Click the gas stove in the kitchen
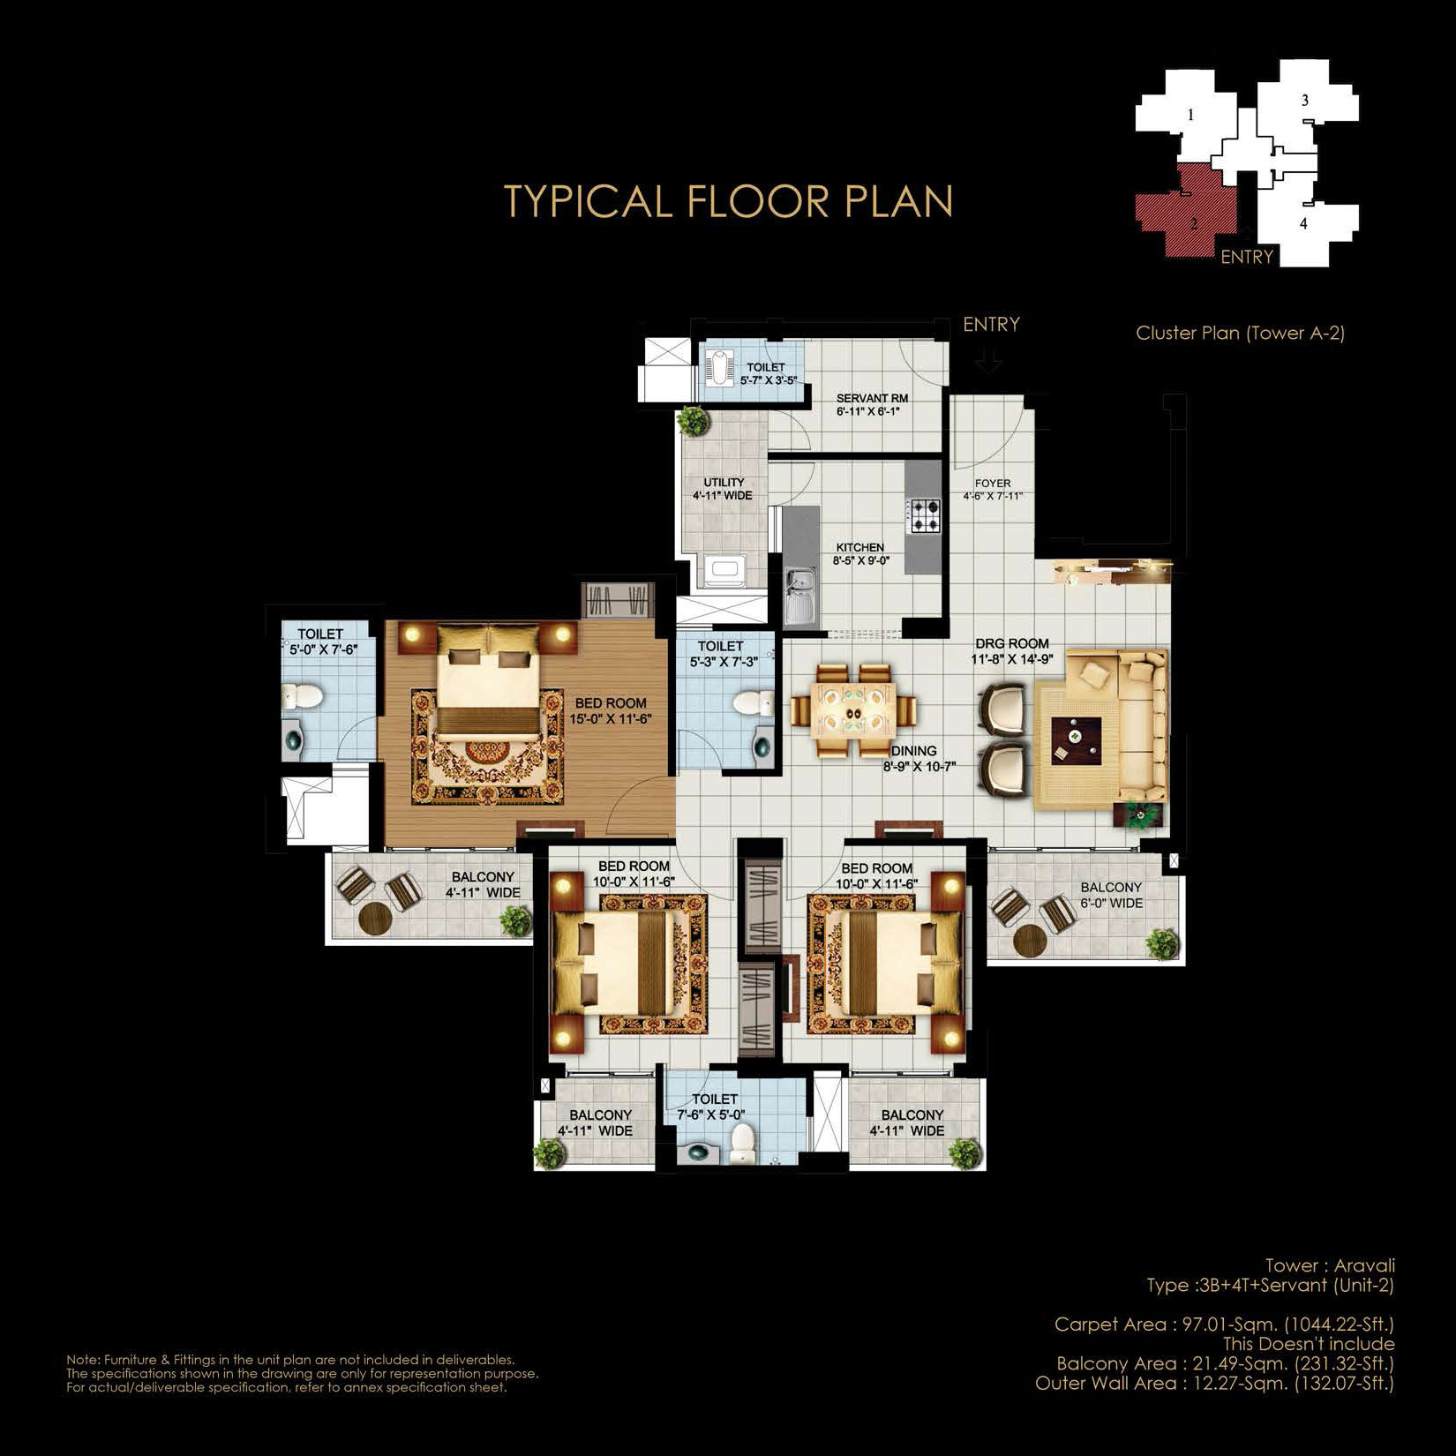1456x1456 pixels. click(x=925, y=515)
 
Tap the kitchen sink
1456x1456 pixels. click(x=801, y=597)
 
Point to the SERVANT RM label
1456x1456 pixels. click(x=872, y=399)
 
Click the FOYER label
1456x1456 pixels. click(x=993, y=484)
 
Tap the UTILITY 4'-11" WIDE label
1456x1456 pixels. click(x=724, y=489)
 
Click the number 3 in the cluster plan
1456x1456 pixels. click(x=1305, y=101)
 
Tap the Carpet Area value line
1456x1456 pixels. click(x=1224, y=1325)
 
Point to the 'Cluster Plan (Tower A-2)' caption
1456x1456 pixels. click(x=1240, y=333)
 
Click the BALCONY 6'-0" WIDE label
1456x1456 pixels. click(x=1111, y=895)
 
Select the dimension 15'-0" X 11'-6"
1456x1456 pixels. click(x=610, y=719)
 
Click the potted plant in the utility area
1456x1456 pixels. click(x=694, y=420)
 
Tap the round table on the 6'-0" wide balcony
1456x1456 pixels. click(x=1030, y=940)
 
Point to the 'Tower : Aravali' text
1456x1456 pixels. click(x=1330, y=1265)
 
